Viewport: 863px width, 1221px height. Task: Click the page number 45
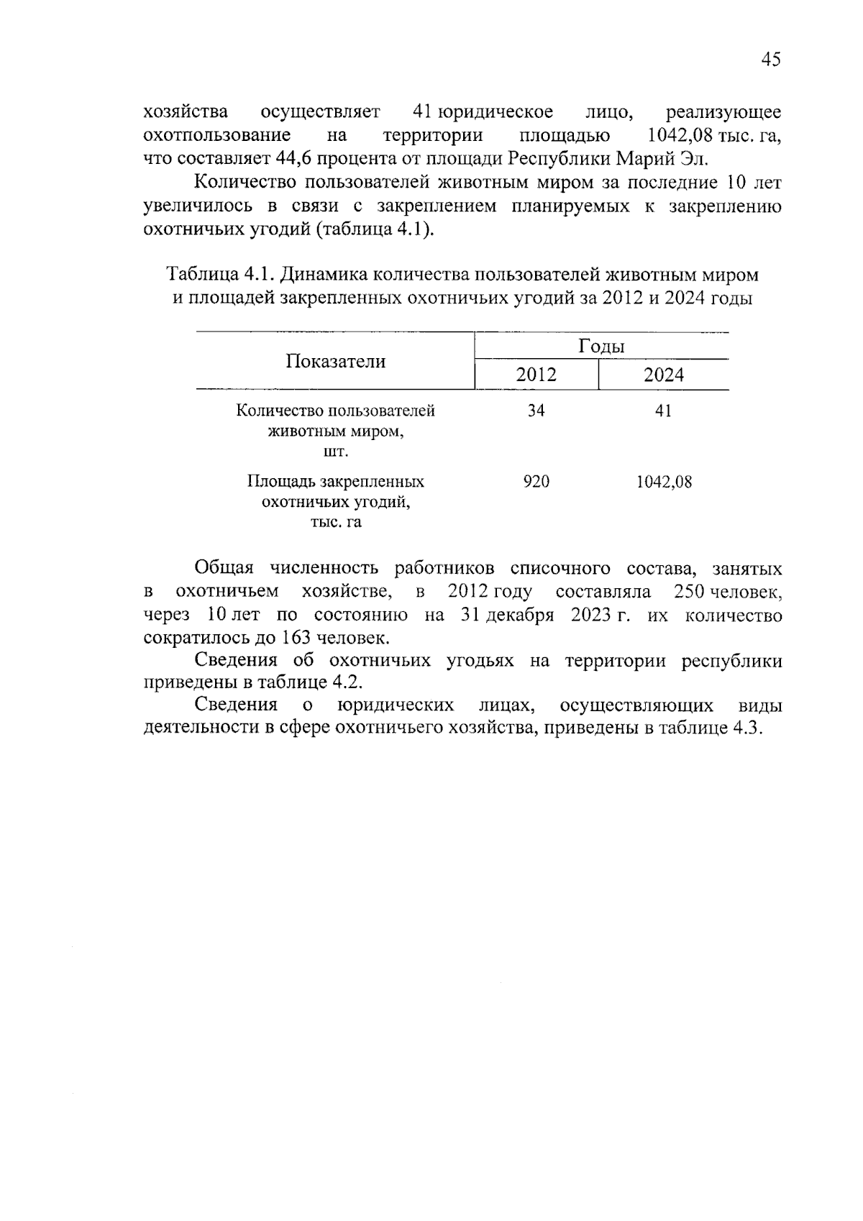click(770, 60)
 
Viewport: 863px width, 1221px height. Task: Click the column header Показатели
click(335, 362)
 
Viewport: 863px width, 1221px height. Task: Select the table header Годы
click(601, 347)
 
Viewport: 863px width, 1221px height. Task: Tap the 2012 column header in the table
click(536, 375)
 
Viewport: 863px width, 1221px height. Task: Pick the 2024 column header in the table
click(663, 375)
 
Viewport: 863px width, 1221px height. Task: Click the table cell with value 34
click(536, 411)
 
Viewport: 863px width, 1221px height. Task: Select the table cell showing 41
click(663, 411)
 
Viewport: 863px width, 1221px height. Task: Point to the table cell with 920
click(536, 482)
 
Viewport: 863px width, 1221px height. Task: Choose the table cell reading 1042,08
click(663, 482)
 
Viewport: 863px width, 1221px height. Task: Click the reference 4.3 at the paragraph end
click(746, 728)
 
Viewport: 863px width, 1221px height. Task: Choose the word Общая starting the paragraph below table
click(224, 569)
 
